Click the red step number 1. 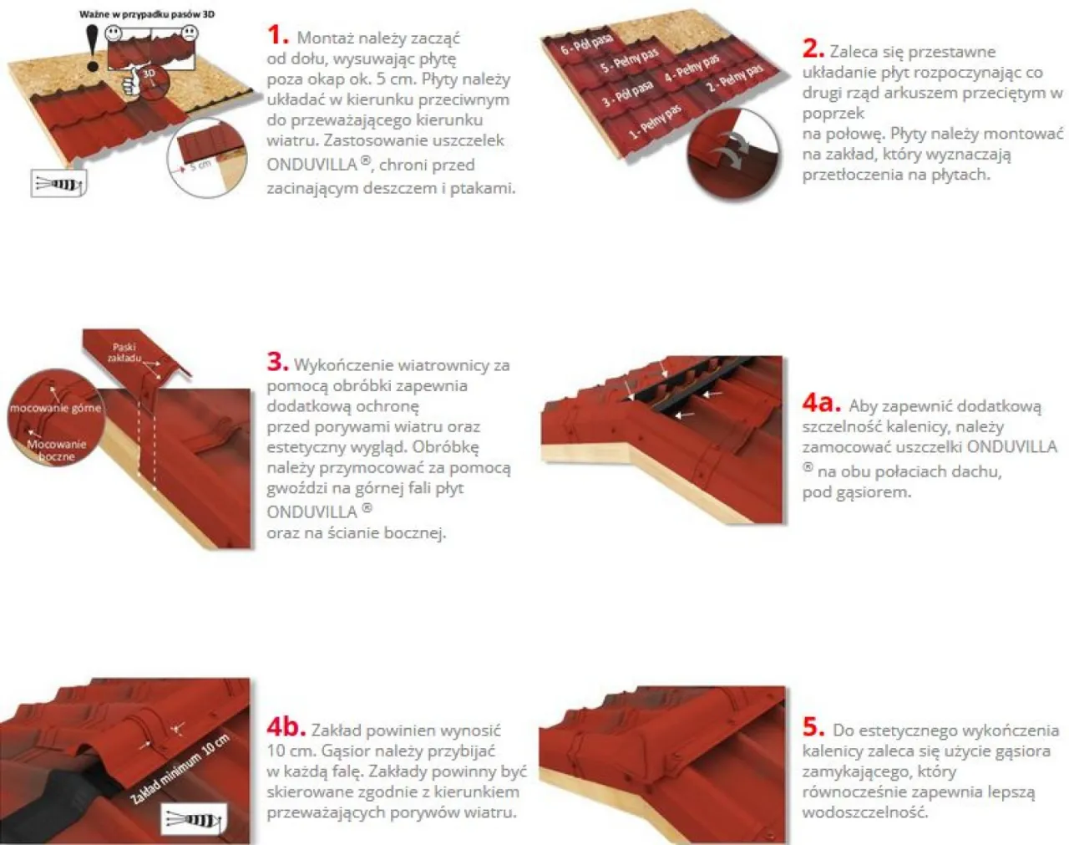click(277, 35)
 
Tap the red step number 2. click(813, 48)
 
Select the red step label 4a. click(822, 403)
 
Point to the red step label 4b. click(286, 727)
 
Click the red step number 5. click(813, 727)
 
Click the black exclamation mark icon click(92, 48)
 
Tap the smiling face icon click(114, 33)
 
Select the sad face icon click(190, 33)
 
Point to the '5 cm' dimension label click(201, 164)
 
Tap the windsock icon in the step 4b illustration click(195, 818)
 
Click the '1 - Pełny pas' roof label click(656, 122)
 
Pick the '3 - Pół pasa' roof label click(627, 93)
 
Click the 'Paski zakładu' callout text click(124, 353)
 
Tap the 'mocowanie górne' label click(55, 408)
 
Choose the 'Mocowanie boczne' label click(56, 450)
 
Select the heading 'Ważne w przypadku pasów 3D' click(147, 14)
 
